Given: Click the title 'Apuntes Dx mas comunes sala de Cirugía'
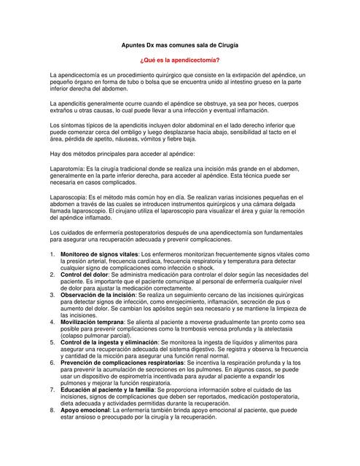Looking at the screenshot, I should [179, 45].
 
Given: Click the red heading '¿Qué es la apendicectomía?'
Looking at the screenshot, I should [179, 60].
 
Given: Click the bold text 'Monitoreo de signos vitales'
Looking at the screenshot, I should [99, 253].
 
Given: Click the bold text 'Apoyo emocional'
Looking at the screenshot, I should [84, 410].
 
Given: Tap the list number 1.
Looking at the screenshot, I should [52, 253].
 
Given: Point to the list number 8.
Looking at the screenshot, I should [52, 410].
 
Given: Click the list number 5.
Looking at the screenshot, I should [52, 341].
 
